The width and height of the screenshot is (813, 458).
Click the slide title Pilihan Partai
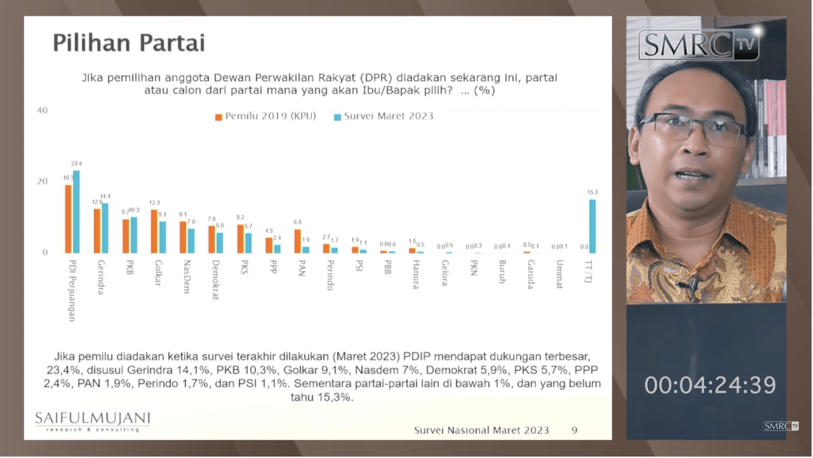[129, 43]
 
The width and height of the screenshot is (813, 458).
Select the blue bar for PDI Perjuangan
[76, 212]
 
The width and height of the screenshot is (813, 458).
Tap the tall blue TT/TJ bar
[592, 226]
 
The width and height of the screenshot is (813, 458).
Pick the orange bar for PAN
[297, 241]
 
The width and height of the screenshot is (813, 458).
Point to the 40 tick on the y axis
[42, 110]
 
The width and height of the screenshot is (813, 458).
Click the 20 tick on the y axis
[42, 181]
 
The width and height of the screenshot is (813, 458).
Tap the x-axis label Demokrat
[216, 279]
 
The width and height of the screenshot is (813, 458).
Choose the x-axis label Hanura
[416, 274]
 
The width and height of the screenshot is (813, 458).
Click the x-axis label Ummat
[559, 274]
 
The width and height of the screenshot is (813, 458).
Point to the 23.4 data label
[76, 164]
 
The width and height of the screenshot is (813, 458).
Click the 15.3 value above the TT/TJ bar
[592, 192]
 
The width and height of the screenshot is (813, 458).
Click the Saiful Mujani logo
[92, 421]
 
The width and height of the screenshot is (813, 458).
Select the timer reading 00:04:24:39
[710, 385]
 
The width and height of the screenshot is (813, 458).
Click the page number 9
[575, 430]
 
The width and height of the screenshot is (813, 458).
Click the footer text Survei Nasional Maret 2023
[481, 430]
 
